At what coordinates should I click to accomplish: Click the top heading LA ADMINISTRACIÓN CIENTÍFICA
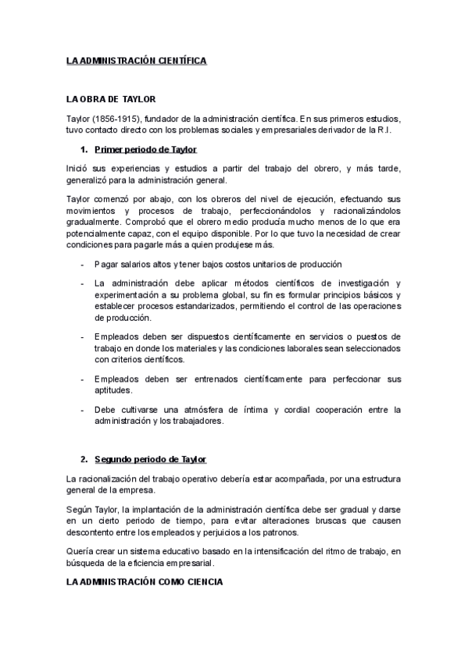137,61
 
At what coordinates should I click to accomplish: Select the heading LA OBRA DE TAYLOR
112,100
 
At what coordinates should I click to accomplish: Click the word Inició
80,168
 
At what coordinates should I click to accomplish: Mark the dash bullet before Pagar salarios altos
83,265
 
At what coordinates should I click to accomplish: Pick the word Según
81,509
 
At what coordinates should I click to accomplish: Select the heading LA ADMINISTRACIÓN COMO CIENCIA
144,582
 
